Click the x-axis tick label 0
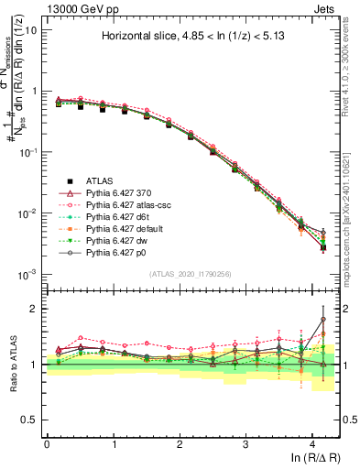tap(47, 443)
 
